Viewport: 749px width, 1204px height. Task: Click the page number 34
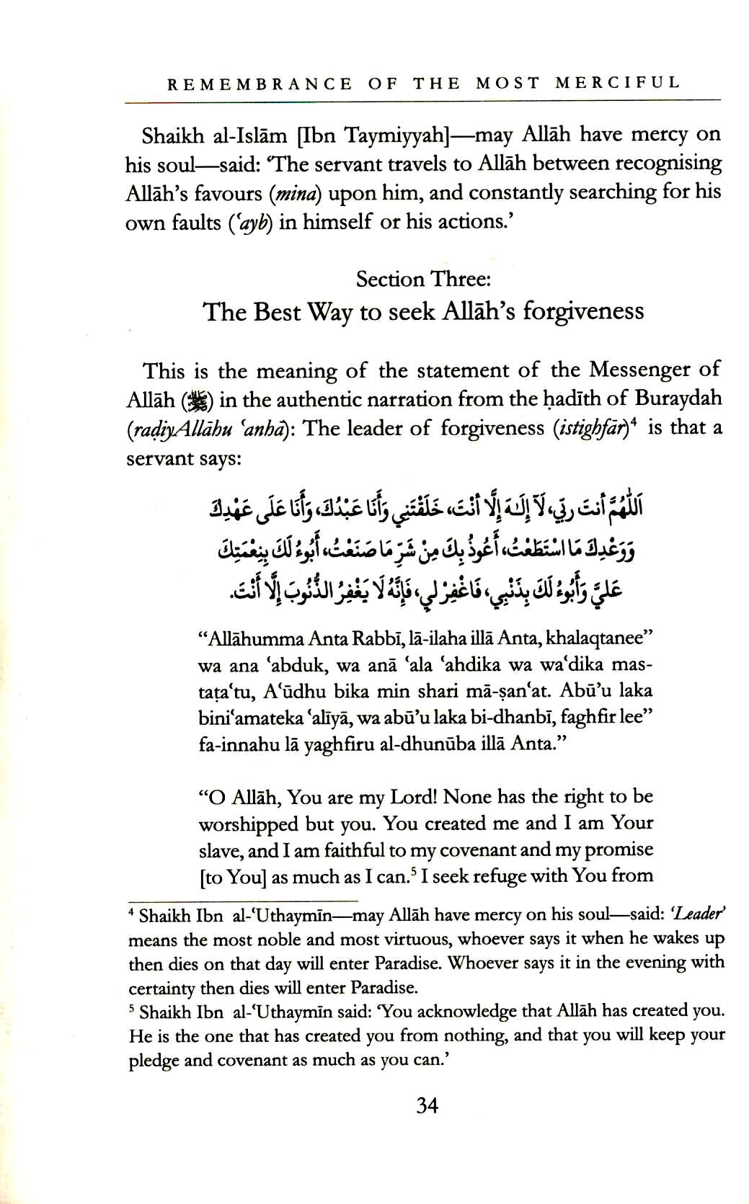427,1105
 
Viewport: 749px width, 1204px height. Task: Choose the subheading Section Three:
422,279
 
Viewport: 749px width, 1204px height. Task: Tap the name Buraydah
678,398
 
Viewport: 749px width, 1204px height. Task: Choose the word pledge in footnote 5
155,1060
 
